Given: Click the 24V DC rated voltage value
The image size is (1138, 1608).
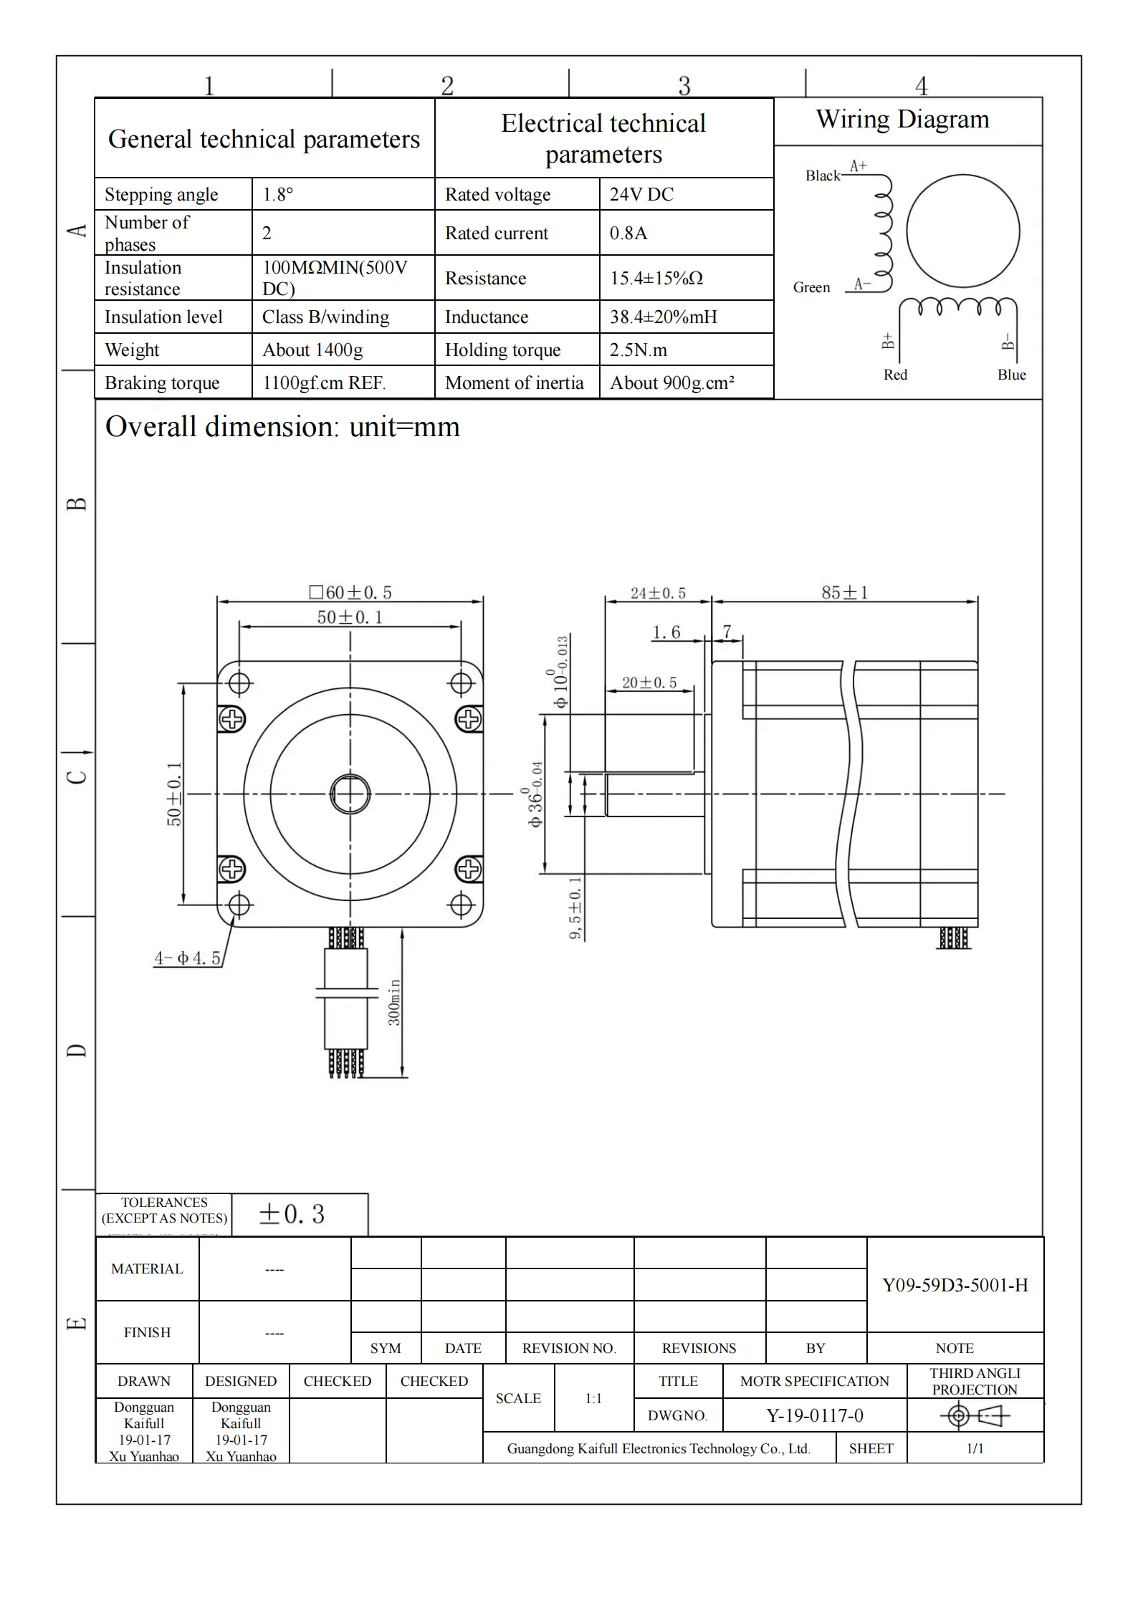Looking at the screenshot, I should pos(641,194).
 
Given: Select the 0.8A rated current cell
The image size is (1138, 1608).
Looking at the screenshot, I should pos(628,233).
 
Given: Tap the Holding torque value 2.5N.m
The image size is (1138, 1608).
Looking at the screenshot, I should pos(639,350).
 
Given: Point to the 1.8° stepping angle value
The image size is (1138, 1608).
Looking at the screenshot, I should pos(278,194).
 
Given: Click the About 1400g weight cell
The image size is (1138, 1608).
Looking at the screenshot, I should pos(312,350).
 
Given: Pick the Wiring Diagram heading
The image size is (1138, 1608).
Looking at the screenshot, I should pos(902,119).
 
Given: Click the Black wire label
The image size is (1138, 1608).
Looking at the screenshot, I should pos(822,175).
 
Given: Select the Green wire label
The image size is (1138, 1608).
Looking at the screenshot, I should pos(811,287).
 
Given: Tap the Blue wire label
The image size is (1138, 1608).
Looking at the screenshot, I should pos(1011,375).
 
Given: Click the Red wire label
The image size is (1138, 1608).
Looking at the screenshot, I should pos(895,375).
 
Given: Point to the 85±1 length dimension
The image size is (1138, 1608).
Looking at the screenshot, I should pos(844,592).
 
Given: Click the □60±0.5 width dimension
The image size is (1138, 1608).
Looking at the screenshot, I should pos(350,592).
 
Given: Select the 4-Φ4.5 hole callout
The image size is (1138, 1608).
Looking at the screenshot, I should pos(187,958).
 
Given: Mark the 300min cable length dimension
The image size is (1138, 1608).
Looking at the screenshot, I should pos(394,1002).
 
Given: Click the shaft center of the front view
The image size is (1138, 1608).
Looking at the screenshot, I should pos(350,794).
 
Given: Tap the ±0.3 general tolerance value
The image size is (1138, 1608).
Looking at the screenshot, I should pos(292,1213).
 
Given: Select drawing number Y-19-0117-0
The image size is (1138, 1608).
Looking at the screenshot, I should pos(814,1415).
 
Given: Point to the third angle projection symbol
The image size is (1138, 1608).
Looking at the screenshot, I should pos(974,1415).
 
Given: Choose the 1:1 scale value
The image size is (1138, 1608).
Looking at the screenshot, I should pos(593,1398).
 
